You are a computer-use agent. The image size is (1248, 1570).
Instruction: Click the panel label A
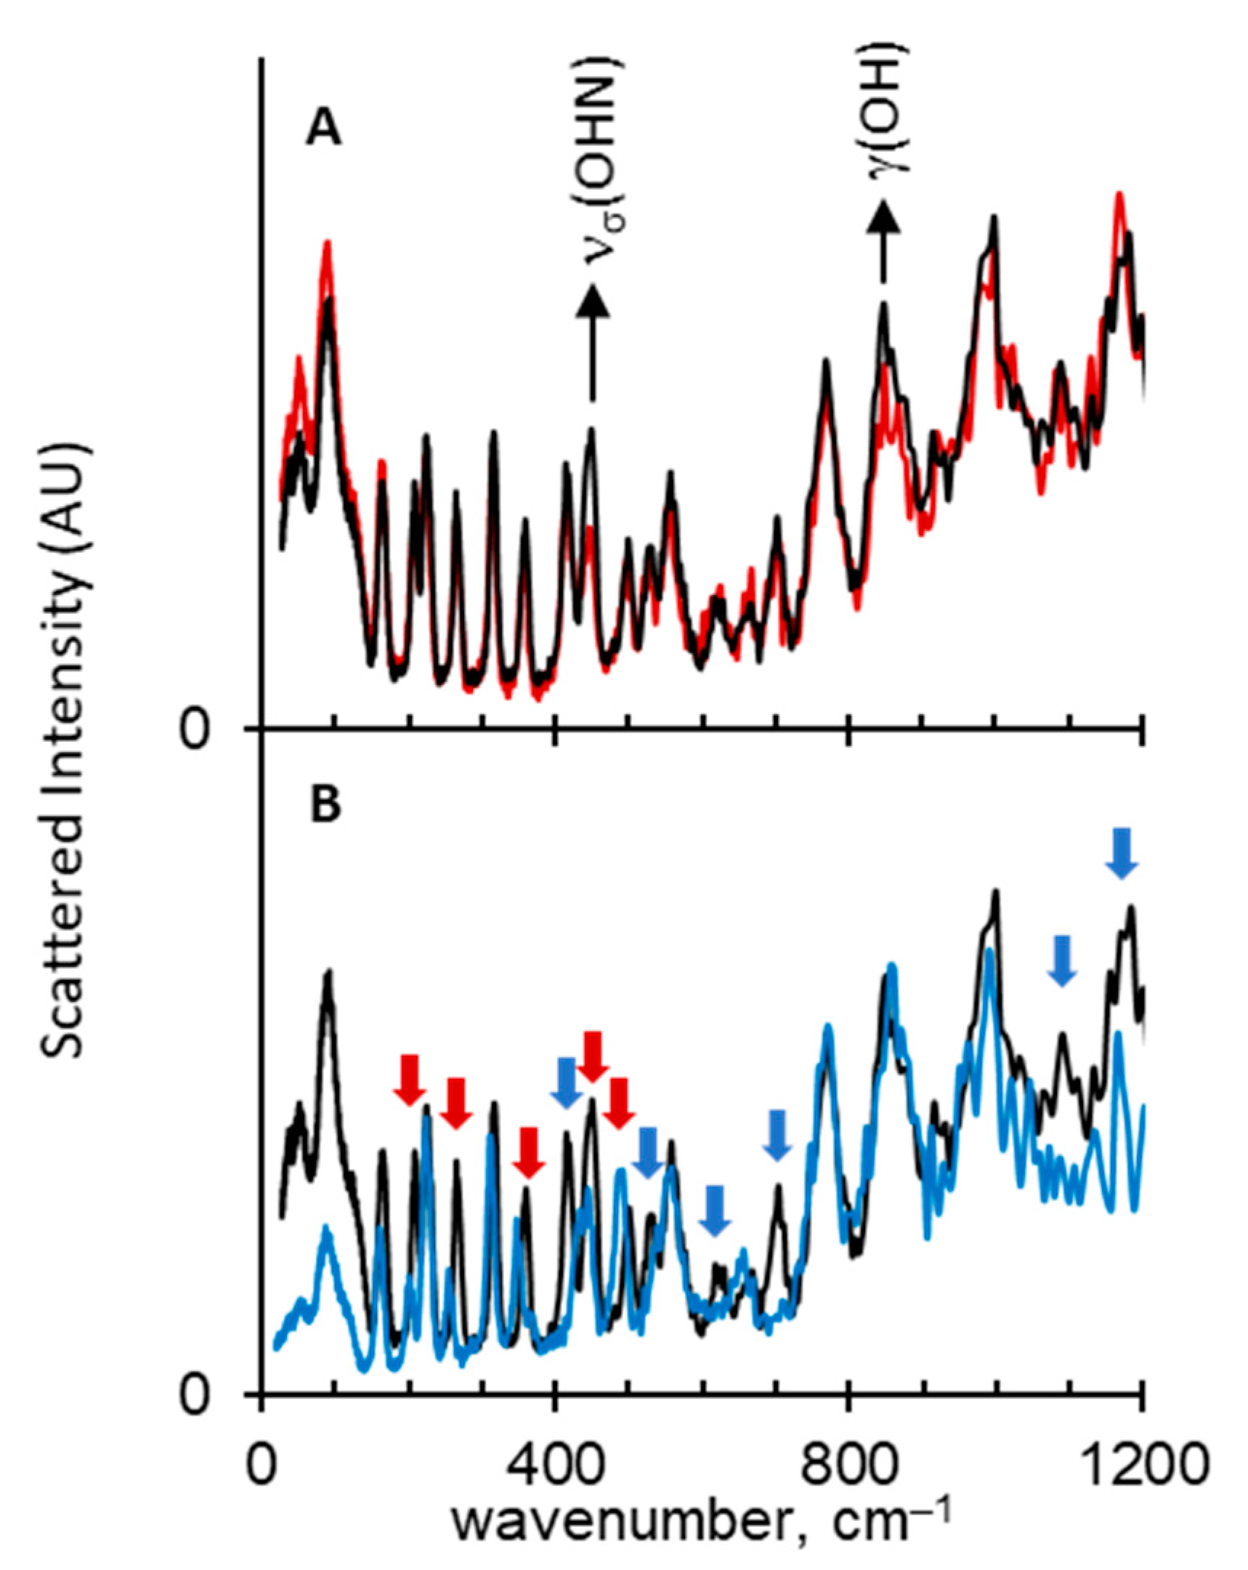[x=323, y=131]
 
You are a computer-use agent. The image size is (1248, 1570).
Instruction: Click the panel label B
[x=325, y=806]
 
